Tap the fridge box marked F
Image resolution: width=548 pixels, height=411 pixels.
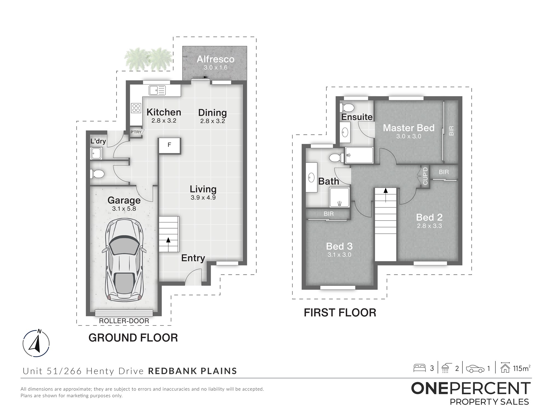[170, 145]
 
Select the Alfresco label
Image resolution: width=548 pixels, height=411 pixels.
[215, 59]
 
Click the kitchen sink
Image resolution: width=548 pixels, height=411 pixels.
[157, 90]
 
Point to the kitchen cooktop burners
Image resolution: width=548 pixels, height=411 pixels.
[136, 108]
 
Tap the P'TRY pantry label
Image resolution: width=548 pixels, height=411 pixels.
[136, 132]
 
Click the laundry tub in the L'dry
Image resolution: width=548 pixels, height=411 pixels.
[96, 153]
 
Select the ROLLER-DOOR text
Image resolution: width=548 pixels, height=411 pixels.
[124, 321]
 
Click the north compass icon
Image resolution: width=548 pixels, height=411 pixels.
[36, 343]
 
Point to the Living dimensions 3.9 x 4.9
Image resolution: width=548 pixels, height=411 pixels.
[203, 198]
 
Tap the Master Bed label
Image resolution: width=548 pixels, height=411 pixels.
[409, 128]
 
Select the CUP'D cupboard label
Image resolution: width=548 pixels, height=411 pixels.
[425, 176]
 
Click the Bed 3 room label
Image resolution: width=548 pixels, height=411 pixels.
[339, 246]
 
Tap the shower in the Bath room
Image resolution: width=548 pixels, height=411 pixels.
[339, 197]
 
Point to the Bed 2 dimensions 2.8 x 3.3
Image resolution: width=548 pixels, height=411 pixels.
[429, 226]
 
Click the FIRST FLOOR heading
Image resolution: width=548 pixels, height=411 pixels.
[340, 313]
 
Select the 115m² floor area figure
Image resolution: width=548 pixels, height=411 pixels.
[521, 368]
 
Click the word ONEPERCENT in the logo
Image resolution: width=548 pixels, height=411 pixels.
[471, 389]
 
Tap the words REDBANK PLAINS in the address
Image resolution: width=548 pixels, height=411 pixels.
[192, 371]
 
